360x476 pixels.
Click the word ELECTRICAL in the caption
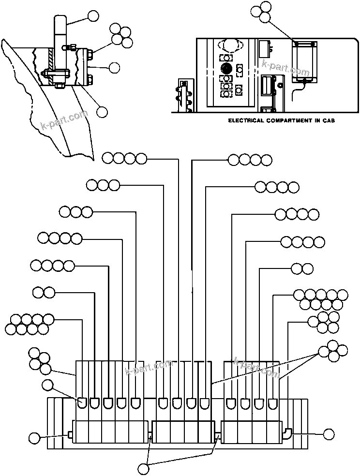pyautogui.click(x=246, y=120)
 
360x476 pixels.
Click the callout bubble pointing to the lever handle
pyautogui.click(x=93, y=16)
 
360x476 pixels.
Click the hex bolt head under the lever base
pyautogui.click(x=59, y=86)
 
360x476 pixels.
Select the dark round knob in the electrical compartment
pyautogui.click(x=225, y=67)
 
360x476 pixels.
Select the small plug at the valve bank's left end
pyautogui.click(x=70, y=435)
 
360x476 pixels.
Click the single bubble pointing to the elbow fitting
pyautogui.click(x=329, y=434)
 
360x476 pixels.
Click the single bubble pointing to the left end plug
pyautogui.click(x=34, y=438)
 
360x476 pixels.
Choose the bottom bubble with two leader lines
pyautogui.click(x=144, y=468)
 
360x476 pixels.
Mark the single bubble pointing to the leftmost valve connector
pyautogui.click(x=47, y=385)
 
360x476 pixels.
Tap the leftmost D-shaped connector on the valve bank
pyautogui.click(x=82, y=402)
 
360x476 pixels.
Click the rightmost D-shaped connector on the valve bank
pyautogui.click(x=273, y=402)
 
